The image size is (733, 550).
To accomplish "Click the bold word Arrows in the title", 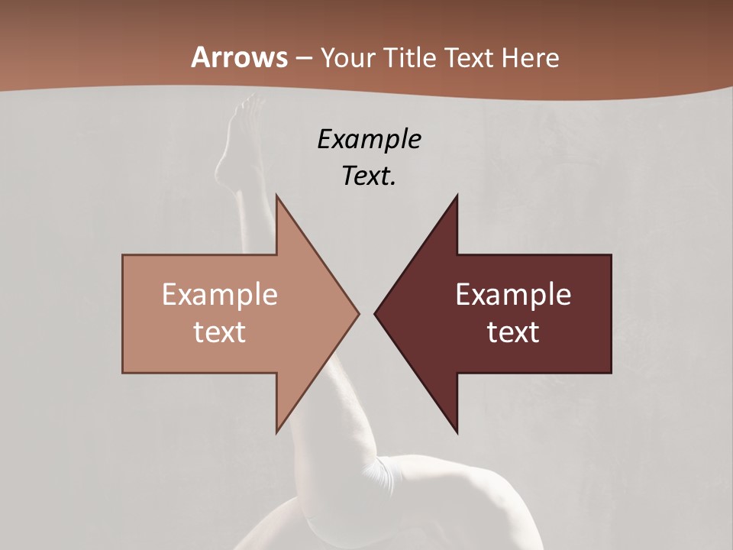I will point(239,57).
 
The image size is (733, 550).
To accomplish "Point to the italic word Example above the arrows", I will point(370,139).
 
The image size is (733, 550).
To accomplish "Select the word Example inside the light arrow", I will point(220,295).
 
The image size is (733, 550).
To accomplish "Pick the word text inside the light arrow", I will point(220,332).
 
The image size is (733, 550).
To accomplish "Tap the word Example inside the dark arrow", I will point(513,295).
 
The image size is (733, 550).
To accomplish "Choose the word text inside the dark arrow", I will point(513,332).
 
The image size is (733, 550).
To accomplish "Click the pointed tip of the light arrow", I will point(358,313).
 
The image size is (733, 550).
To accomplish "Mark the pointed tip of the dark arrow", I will point(375,313).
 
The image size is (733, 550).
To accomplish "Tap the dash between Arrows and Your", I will point(304,58).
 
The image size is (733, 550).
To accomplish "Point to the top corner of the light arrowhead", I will point(276,196).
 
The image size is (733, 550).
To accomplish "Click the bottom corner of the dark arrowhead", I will point(457,432).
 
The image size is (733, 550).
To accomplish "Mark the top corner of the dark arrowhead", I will point(457,196).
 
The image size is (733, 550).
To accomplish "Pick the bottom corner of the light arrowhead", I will point(276,432).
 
